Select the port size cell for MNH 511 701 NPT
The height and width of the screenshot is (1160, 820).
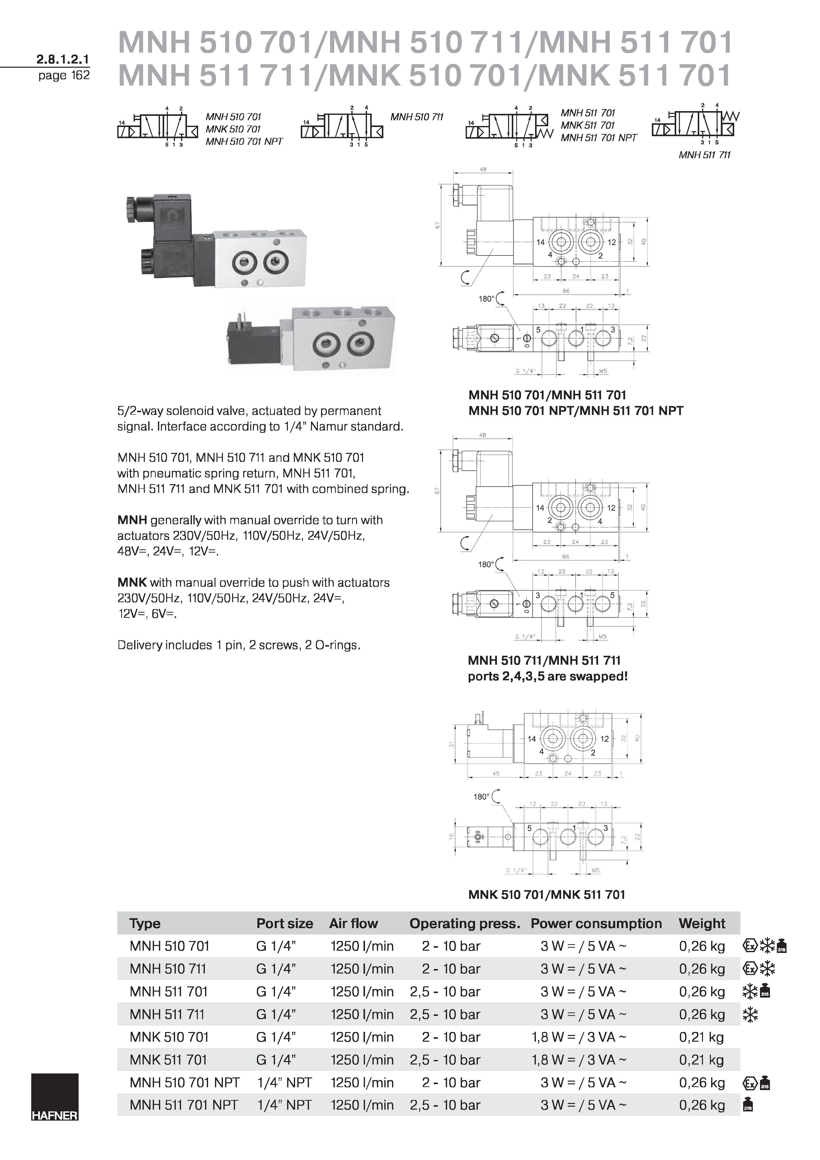pyautogui.click(x=284, y=1105)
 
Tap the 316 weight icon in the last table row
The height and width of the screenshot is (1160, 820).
pyautogui.click(x=749, y=1105)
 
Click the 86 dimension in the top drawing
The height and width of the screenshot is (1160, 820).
pyautogui.click(x=566, y=291)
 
